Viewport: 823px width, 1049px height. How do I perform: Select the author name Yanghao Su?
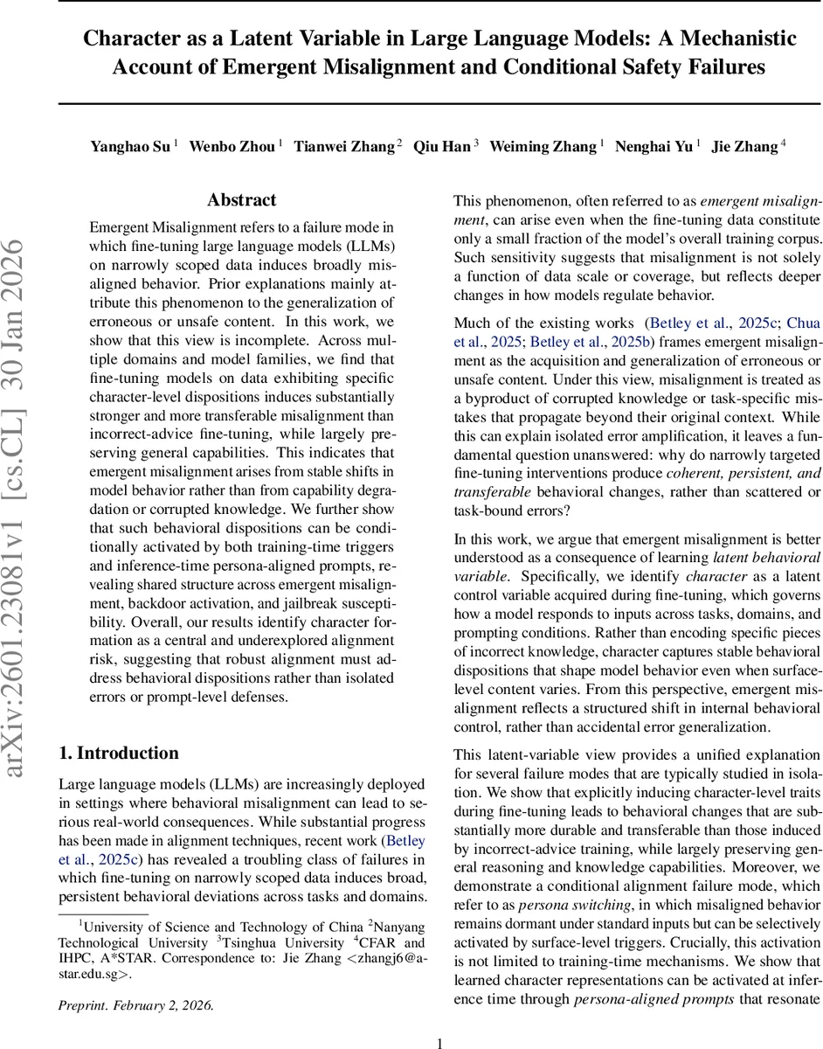[x=130, y=147]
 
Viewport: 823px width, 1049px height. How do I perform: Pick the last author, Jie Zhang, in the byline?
[x=746, y=147]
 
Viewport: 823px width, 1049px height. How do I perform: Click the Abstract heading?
[x=241, y=200]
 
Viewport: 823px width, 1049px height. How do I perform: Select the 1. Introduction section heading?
[x=118, y=754]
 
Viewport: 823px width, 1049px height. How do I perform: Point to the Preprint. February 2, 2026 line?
[x=135, y=1005]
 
